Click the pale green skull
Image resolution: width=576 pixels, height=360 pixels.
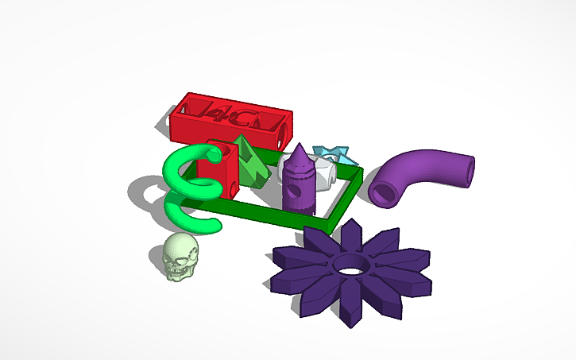(x=180, y=257)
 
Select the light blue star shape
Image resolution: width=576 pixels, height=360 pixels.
(x=327, y=153)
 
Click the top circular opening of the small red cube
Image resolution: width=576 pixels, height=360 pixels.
(x=215, y=148)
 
